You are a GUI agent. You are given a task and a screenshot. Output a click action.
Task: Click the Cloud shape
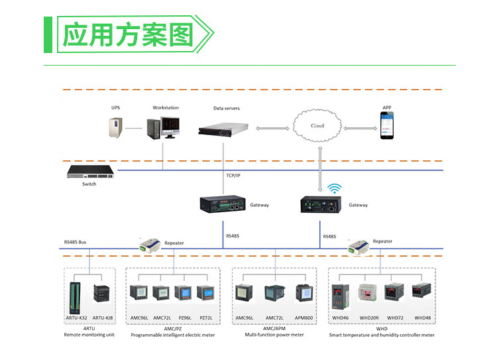318,125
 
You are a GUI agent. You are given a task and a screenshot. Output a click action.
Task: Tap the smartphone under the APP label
386,125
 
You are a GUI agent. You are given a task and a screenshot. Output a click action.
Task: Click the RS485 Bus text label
75,242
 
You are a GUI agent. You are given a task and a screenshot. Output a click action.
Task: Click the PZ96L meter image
184,294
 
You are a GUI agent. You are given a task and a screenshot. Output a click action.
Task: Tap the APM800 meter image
304,294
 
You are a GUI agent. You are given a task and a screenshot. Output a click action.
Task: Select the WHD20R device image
368,294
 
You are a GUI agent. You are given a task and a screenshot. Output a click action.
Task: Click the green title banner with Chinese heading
129,34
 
